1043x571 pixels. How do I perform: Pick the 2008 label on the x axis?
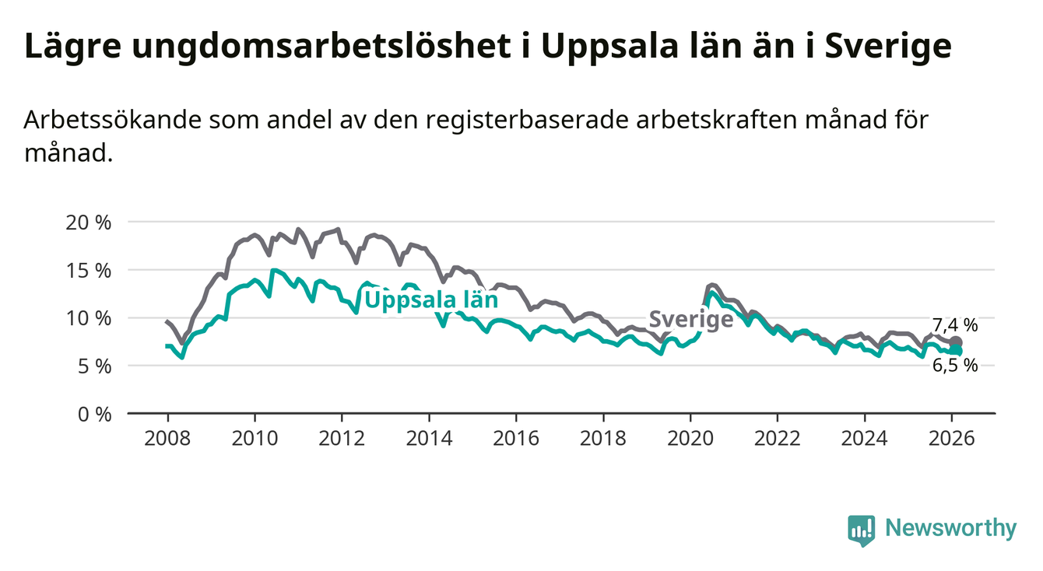(x=168, y=439)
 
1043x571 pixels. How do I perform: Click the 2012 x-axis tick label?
(x=342, y=439)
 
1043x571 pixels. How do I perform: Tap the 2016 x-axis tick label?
(x=517, y=439)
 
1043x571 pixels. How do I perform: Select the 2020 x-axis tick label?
(x=691, y=439)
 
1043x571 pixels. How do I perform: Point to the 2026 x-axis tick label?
(x=953, y=439)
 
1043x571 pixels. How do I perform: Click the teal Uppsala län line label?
(x=430, y=300)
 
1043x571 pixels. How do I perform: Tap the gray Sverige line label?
(x=690, y=319)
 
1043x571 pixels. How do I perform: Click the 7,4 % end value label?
(x=955, y=326)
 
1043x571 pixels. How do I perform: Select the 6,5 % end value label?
(x=955, y=366)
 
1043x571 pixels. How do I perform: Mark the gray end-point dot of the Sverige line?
(x=957, y=342)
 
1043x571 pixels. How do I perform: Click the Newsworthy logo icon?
(x=860, y=530)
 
